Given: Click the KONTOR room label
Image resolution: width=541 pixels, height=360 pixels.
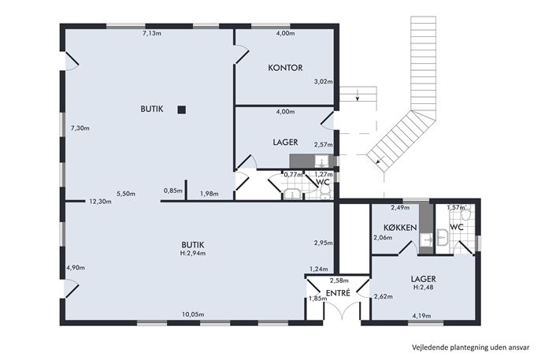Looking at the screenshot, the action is (285, 68).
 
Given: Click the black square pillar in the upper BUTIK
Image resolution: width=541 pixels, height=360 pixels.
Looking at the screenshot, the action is (181, 109).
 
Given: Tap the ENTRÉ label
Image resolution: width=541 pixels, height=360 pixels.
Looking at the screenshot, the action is (338, 293).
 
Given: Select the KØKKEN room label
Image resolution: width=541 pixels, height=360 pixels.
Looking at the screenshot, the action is (400, 228).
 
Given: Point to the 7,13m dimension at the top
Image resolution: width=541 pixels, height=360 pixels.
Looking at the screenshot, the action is (152, 34).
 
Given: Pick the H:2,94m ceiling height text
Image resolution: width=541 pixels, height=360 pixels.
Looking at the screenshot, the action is (193, 253).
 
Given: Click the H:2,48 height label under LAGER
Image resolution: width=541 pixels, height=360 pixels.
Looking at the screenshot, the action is (423, 288).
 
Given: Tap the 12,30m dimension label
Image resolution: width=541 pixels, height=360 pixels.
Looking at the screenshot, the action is (100, 202).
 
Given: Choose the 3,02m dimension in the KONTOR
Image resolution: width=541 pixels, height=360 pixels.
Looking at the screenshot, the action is (324, 82).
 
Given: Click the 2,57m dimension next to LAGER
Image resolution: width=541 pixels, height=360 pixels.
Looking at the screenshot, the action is (324, 145).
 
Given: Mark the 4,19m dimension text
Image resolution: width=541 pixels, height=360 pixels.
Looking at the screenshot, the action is (421, 315).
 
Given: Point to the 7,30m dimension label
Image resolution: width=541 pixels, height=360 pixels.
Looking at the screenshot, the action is (80, 128).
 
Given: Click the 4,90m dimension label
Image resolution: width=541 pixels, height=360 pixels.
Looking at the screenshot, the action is (76, 268).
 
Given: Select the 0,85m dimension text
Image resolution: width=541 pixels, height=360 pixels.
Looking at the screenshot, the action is (173, 191).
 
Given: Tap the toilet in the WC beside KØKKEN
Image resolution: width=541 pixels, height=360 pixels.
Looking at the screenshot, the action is (465, 214).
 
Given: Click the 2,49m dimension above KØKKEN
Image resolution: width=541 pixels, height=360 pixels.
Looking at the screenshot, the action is (400, 207).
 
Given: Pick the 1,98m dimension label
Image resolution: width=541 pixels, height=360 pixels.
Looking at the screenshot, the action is (209, 194).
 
